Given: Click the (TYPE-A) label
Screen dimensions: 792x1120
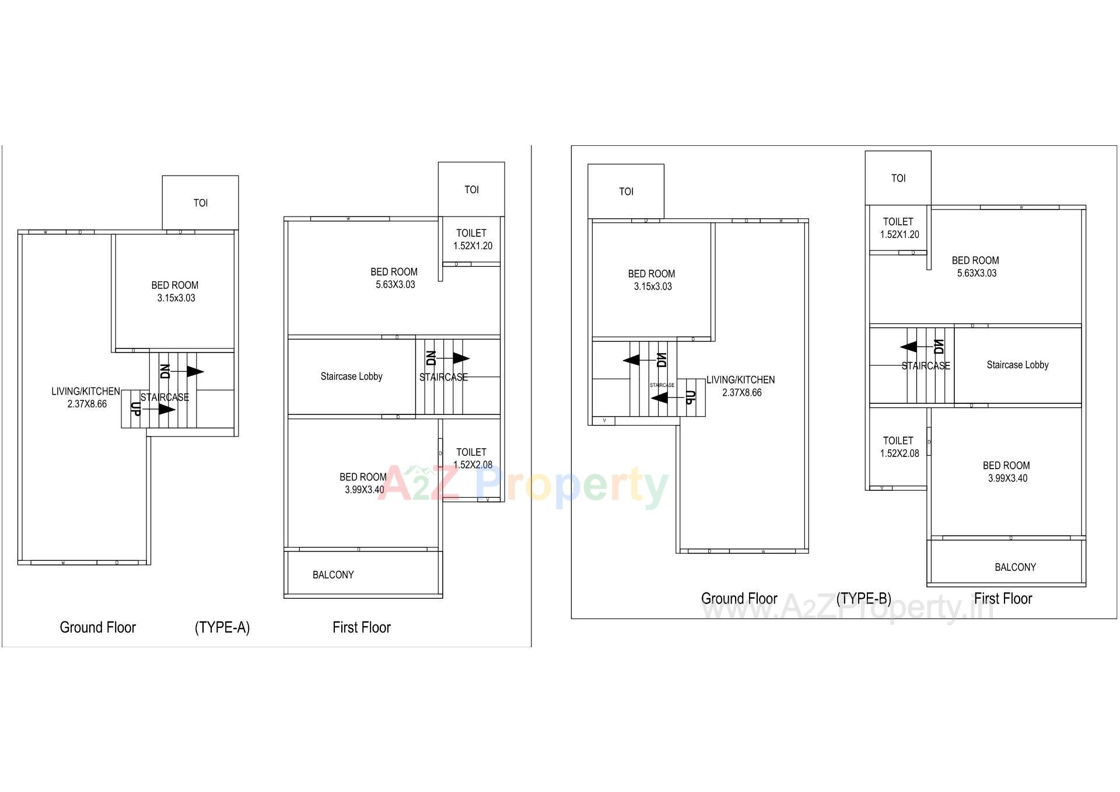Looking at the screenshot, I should [x=222, y=627].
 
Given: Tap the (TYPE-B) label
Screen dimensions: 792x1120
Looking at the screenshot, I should [x=863, y=599].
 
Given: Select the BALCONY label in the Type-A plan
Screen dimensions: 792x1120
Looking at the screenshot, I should [x=333, y=575].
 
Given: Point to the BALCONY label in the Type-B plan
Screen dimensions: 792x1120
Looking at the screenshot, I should [x=1015, y=567].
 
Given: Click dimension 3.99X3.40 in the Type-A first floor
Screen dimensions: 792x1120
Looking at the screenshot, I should [x=364, y=490].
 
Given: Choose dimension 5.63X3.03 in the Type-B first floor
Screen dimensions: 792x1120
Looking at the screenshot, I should [x=977, y=273].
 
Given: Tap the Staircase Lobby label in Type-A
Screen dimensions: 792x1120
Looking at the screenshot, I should [x=351, y=376].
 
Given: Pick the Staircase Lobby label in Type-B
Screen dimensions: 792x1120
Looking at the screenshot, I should [x=1017, y=365].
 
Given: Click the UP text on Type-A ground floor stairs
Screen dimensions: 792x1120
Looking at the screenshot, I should [x=135, y=409].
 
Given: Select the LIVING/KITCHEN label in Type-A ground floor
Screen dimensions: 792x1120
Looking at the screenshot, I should [x=86, y=391].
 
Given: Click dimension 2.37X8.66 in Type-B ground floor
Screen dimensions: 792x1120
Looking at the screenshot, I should [x=741, y=393].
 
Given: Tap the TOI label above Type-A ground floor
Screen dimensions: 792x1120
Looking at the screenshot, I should [x=200, y=203].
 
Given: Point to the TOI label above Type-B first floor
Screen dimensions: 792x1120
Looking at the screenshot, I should [x=898, y=179].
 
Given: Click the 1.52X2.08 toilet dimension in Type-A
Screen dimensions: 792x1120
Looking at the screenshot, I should [x=473, y=465].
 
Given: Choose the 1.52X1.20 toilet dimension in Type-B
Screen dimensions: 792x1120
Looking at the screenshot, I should [x=900, y=235].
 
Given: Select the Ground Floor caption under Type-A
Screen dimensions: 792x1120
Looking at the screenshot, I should [x=97, y=627].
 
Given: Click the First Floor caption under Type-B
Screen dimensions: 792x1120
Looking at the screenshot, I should [x=1003, y=599].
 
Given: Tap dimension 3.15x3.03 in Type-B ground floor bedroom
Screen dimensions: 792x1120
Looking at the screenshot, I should [x=653, y=287].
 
